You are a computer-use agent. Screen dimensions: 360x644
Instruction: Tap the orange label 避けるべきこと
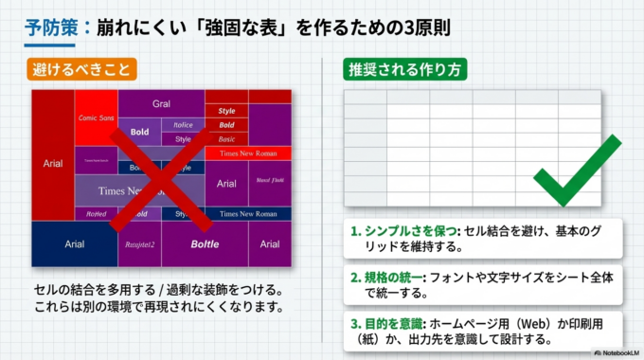point(84,69)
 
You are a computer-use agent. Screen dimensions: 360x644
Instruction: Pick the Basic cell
point(226,139)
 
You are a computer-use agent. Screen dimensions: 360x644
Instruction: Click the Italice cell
point(183,124)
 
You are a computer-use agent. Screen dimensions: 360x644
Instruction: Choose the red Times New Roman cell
point(248,153)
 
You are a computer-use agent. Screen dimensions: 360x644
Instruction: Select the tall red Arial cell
point(52,163)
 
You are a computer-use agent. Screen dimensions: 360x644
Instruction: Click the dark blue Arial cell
point(74,243)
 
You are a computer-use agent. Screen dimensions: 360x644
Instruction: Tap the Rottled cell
point(97,214)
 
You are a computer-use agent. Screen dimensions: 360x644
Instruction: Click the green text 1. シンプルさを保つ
point(403,231)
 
